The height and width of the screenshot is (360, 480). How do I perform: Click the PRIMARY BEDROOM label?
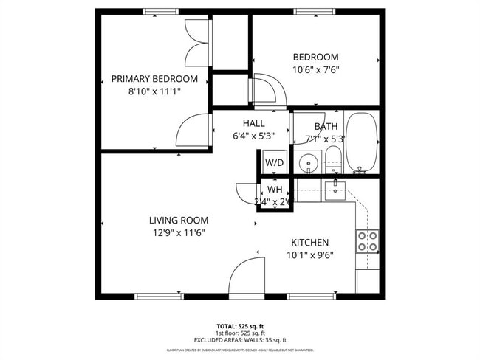(x=154, y=79)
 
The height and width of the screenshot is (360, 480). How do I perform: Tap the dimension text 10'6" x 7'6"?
(x=315, y=70)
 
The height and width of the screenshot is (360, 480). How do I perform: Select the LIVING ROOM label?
(x=178, y=220)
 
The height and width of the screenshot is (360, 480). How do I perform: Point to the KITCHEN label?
(x=309, y=242)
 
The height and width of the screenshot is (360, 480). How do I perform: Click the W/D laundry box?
(x=275, y=162)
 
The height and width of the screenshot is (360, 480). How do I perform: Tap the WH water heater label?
(x=275, y=190)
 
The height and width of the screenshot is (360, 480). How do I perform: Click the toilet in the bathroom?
(x=334, y=158)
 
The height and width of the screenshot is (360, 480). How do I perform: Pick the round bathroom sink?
(x=309, y=162)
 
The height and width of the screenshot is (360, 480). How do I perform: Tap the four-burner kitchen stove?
(x=368, y=241)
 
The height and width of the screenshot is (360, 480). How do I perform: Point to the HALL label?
(x=254, y=124)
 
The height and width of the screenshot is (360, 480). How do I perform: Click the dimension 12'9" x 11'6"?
(x=178, y=232)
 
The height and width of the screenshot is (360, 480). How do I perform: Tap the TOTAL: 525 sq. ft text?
(x=240, y=325)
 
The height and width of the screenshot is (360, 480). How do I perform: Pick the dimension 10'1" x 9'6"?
(x=309, y=255)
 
